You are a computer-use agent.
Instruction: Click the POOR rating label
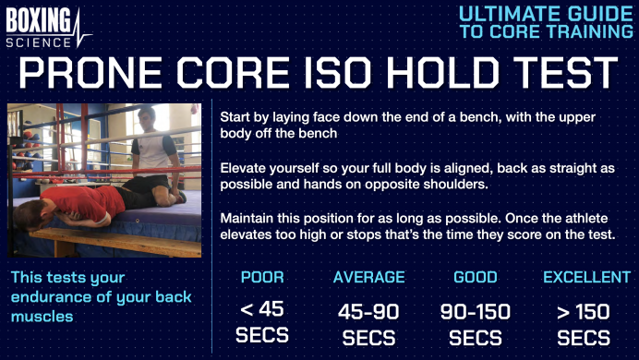[262, 277]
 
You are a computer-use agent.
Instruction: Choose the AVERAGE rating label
[368, 277]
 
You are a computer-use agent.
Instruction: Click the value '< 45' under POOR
[262, 309]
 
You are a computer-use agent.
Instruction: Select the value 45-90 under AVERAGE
[368, 310]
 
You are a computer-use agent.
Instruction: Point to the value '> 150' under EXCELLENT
[584, 310]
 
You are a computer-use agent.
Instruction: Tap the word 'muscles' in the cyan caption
[42, 317]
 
